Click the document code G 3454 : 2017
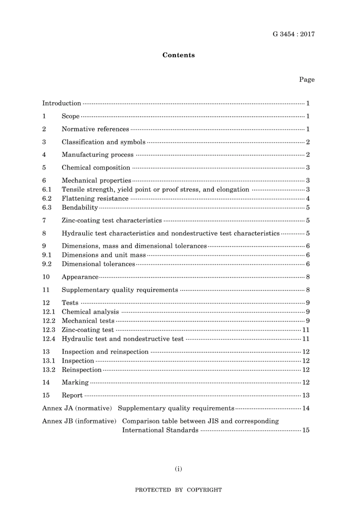(293, 34)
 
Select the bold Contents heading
(178, 55)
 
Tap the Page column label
(307, 80)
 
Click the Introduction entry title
(61, 103)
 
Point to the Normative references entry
(95, 129)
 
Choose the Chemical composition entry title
(96, 167)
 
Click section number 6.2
(47, 198)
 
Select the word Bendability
(80, 208)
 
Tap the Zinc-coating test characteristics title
(111, 220)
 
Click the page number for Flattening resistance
(308, 198)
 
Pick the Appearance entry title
(80, 277)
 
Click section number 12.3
(49, 330)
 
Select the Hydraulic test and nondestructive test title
(122, 339)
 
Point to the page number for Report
(306, 395)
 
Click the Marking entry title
(75, 383)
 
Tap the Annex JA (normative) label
(77, 408)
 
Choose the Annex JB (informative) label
(79, 421)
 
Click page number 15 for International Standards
(306, 430)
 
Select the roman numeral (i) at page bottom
(178, 469)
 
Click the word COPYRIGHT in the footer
(204, 490)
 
